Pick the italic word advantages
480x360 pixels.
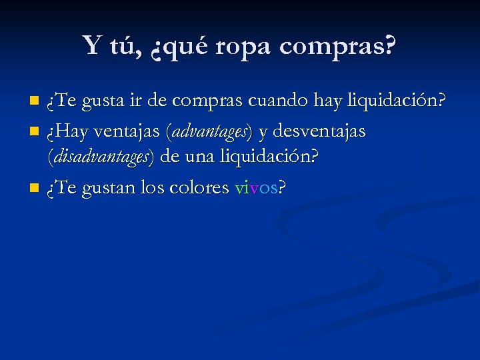210,131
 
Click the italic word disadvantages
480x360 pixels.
101,158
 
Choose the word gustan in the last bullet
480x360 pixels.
109,189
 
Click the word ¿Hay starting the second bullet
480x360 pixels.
64,131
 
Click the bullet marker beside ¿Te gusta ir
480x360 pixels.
35,102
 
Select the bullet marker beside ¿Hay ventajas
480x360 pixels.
35,131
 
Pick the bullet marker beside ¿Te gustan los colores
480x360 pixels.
35,189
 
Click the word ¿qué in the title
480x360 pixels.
180,47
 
